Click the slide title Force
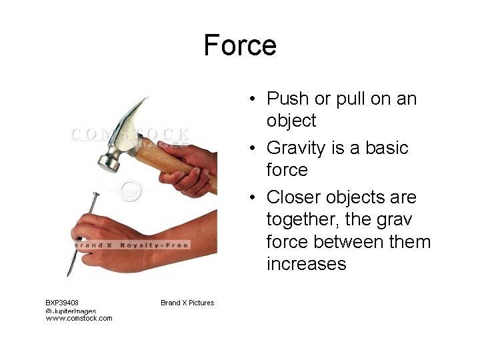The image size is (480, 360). [x=240, y=45]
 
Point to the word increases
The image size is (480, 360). [x=306, y=264]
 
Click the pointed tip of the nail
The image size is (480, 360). [x=69, y=273]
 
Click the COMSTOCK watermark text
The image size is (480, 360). [x=131, y=134]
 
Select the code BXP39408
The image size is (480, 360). [x=62, y=303]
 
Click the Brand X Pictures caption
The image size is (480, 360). [x=187, y=303]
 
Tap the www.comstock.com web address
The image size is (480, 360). [x=79, y=318]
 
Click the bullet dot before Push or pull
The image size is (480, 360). [x=255, y=100]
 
